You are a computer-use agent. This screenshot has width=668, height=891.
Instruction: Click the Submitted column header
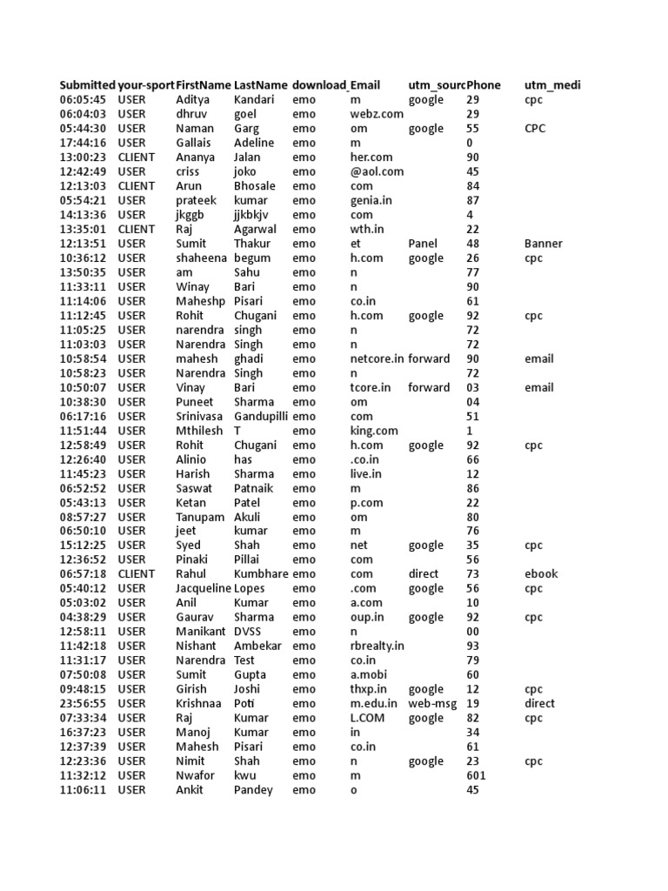point(87,85)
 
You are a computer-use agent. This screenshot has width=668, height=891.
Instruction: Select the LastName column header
point(260,85)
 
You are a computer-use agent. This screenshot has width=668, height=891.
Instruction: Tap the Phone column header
point(484,85)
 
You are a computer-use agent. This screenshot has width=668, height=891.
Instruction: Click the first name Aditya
point(193,100)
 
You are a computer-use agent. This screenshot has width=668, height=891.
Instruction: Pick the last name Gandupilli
point(261,416)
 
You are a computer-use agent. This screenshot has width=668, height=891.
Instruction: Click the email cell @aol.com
point(377,171)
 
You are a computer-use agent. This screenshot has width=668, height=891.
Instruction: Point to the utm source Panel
point(423,244)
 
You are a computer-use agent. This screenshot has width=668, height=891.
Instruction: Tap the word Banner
point(544,244)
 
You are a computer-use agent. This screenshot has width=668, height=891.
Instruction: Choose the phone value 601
point(477,775)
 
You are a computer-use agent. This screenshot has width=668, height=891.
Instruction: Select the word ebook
point(541,574)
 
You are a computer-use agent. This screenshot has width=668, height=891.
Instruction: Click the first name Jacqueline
point(204,588)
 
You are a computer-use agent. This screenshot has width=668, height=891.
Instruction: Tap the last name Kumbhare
point(262,574)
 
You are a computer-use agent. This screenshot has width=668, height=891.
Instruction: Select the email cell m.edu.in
point(374,703)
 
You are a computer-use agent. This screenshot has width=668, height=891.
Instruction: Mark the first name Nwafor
point(194,775)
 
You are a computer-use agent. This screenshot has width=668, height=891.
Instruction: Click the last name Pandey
point(253,790)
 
